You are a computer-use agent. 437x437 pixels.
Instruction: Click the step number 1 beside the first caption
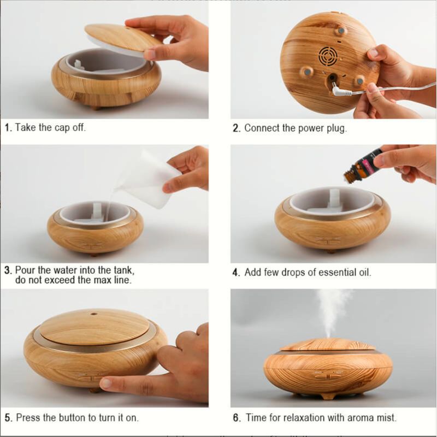coord(8,128)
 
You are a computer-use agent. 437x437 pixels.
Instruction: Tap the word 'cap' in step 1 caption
coord(62,128)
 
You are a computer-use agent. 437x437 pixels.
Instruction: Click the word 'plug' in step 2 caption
coord(336,129)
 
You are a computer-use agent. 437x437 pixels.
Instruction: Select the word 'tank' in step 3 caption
coord(124,270)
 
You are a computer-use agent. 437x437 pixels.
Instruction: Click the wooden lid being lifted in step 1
coord(122,38)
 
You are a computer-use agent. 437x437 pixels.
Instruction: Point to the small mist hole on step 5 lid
coord(93,314)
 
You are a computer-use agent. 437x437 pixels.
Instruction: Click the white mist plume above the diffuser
coord(333,312)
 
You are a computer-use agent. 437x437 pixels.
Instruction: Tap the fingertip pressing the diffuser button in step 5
coord(106,383)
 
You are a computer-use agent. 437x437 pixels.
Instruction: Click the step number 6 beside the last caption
coord(237,417)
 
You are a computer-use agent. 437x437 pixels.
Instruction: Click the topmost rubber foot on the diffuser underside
coord(340,31)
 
